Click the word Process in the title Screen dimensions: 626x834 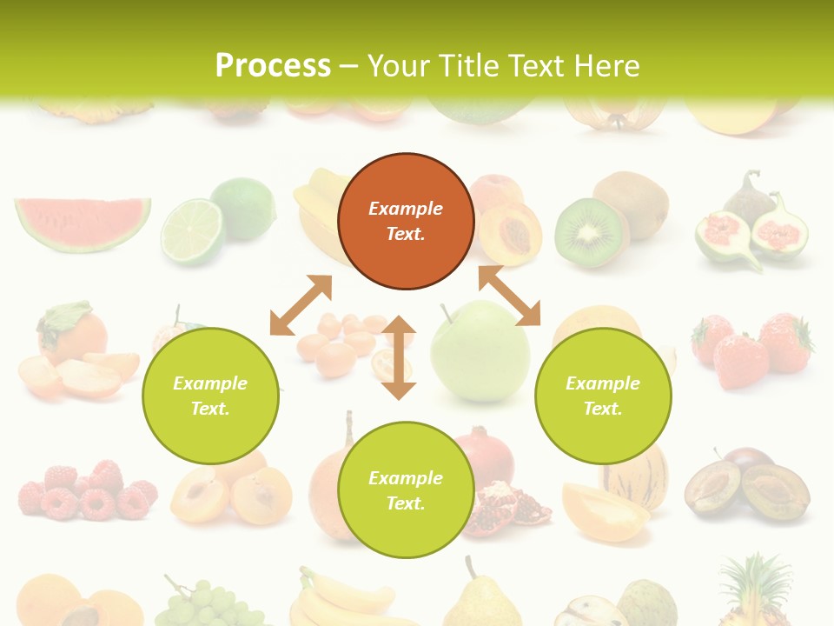point(273,66)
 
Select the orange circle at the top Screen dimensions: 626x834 point(406,221)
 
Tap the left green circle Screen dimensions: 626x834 point(210,396)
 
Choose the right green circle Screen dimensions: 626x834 point(603,396)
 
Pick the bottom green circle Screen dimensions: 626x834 point(406,489)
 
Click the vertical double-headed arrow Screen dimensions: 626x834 point(399,357)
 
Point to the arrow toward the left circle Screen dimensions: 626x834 point(301,305)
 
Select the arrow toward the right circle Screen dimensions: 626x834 point(509,296)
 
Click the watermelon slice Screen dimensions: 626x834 point(82,223)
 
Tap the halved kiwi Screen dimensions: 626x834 point(591,231)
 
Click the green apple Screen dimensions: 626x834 point(481,351)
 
